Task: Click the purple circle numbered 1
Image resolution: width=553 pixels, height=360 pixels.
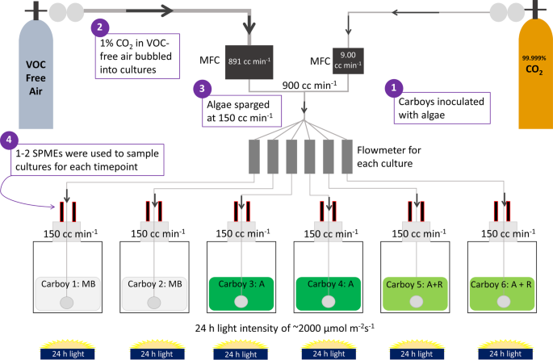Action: pos(393,85)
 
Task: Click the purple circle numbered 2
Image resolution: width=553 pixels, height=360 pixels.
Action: pos(99,26)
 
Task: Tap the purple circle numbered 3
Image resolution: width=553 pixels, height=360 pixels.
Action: pos(202,87)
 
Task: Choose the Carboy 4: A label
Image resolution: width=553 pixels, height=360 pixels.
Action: pos(327,283)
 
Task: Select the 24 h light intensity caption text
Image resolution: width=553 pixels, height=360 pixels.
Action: pos(276,329)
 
